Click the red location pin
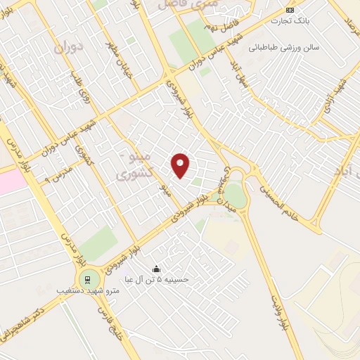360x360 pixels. (x=181, y=165)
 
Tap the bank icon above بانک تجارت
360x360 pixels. (x=290, y=9)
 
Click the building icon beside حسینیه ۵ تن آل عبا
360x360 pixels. (x=156, y=269)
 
